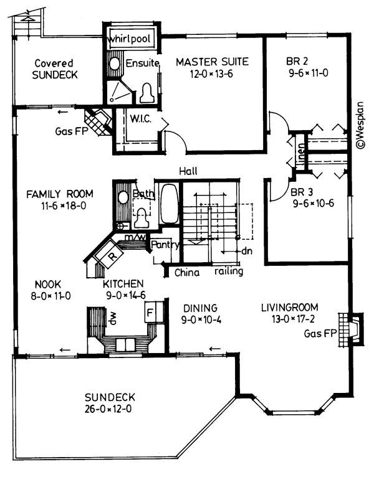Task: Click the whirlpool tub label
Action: (x=132, y=39)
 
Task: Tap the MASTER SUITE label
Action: (x=212, y=62)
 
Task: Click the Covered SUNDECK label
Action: (x=54, y=69)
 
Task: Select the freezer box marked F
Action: (x=151, y=308)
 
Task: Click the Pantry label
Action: (x=165, y=245)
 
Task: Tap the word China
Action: (x=186, y=272)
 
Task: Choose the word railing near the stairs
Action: (x=228, y=272)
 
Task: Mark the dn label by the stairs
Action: (x=246, y=251)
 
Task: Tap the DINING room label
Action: (x=199, y=308)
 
